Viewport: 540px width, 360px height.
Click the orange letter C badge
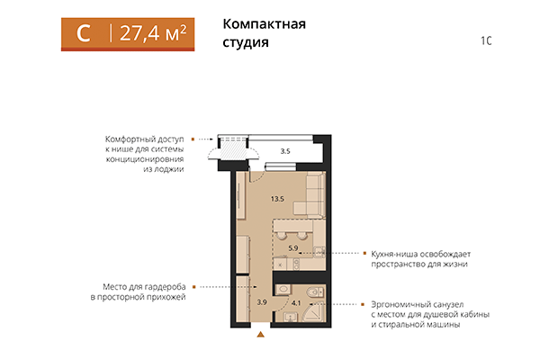[83, 33]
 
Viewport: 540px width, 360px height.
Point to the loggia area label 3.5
[284, 151]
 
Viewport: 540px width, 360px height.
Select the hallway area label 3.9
[261, 301]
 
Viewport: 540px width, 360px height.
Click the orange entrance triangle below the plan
[261, 336]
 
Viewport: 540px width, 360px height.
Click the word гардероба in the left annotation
[159, 286]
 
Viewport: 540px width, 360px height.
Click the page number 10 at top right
[486, 40]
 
